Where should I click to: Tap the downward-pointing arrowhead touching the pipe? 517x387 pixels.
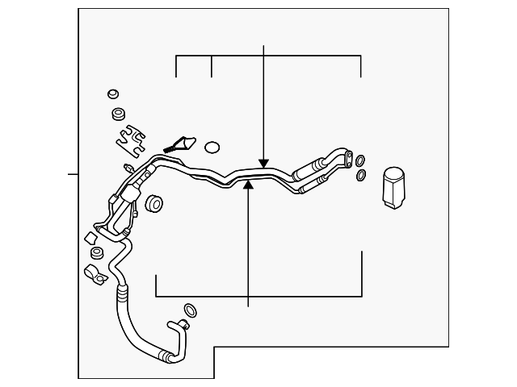[264, 163]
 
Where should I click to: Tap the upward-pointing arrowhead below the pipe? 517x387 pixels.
[249, 185]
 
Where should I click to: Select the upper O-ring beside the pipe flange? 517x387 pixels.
[360, 160]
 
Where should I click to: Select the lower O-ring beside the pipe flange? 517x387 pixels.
[360, 175]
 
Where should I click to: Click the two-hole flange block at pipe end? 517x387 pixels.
[345, 155]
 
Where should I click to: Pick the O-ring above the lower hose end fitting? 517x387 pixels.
[190, 310]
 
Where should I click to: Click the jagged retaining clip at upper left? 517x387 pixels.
[131, 139]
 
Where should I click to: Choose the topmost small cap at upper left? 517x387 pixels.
[114, 94]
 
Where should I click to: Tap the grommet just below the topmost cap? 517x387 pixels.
[120, 111]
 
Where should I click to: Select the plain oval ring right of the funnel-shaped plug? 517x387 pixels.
[212, 148]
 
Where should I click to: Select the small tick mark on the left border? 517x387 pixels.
[73, 173]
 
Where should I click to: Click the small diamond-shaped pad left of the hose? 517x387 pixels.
[90, 238]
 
